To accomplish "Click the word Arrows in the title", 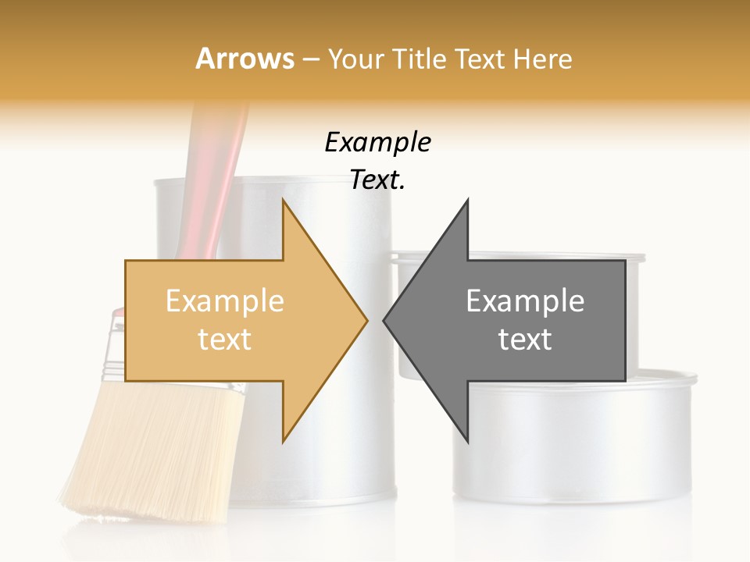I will click(245, 59).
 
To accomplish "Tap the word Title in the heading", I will click(422, 59).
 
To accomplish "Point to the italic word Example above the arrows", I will click(377, 142).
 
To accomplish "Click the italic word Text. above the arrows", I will click(377, 180).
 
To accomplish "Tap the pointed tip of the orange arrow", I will click(365, 319).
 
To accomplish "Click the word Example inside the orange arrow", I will click(225, 301).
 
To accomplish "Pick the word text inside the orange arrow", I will click(225, 340).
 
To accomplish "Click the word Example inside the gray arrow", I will click(525, 301).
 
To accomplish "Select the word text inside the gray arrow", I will click(525, 340).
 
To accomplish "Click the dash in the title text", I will click(310, 59).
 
